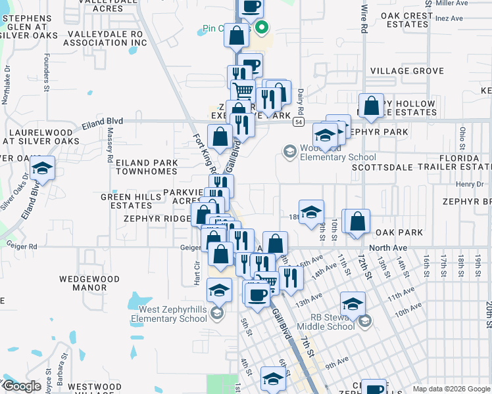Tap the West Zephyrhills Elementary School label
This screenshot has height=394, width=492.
173,314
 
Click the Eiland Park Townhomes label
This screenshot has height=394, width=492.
147,167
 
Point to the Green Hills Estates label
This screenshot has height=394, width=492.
126,201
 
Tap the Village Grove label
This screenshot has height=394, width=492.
407,71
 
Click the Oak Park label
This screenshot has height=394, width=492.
399,233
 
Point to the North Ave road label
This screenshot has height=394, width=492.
388,248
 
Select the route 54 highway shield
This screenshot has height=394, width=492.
299,122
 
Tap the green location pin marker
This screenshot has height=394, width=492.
262,28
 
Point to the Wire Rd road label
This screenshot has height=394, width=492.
364,20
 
